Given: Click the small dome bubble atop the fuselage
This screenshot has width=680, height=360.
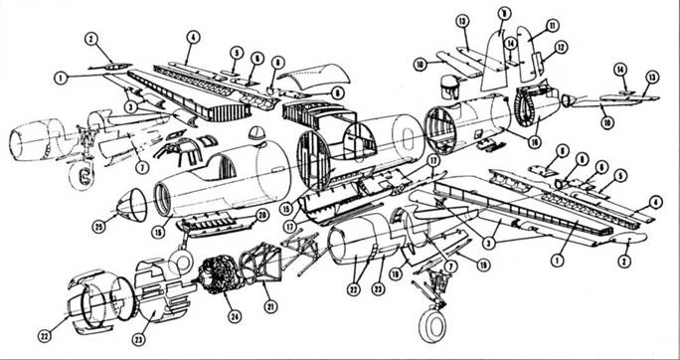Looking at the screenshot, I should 256,132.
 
